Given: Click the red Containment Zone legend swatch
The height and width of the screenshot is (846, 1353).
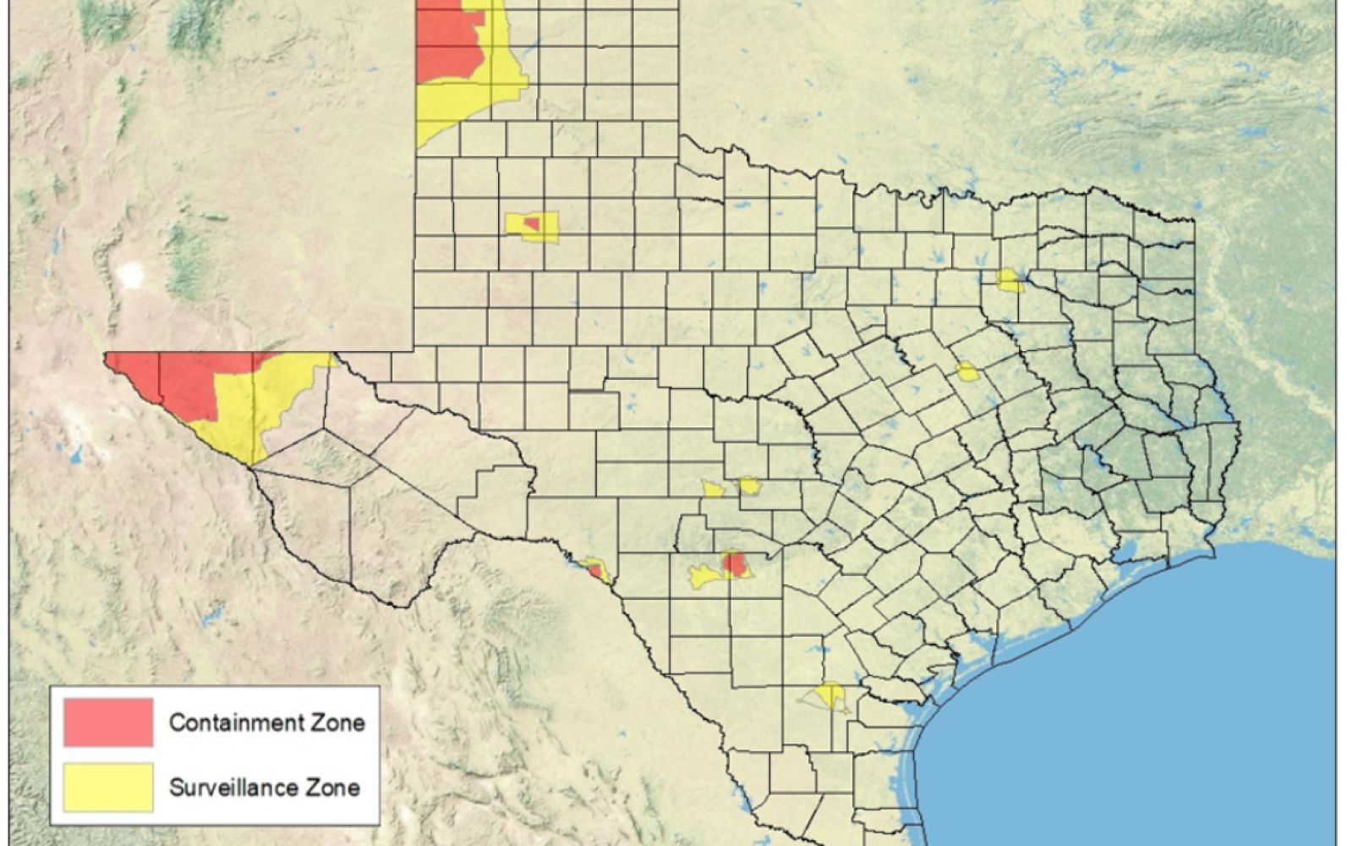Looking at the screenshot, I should [x=108, y=722].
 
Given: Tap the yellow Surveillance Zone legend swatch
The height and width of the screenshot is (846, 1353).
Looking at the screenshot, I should [x=108, y=787].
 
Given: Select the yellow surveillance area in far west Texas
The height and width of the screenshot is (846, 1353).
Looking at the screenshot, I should [x=254, y=406].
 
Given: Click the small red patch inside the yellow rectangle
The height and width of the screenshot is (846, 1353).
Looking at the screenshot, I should [x=532, y=223].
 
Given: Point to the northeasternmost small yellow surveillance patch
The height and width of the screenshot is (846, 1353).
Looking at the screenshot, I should [x=1009, y=281].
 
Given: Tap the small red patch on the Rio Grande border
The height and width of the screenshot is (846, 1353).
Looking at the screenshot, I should [x=595, y=571].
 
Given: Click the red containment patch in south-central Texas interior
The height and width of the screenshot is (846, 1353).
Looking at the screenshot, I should [x=735, y=564].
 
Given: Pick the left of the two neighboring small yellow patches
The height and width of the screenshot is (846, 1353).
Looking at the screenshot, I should [x=713, y=489].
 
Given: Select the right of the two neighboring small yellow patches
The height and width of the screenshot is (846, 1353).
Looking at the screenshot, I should [x=749, y=486].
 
